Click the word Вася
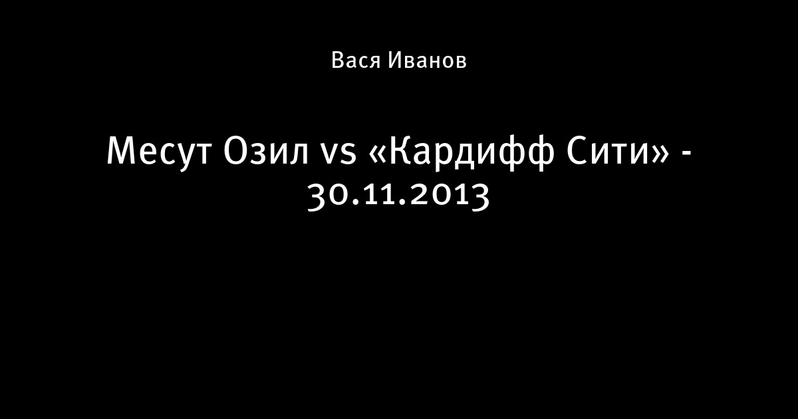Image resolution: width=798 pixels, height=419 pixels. [x=356, y=60]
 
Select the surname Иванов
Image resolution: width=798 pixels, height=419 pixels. [x=427, y=60]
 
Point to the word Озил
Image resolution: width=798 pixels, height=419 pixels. [x=266, y=151]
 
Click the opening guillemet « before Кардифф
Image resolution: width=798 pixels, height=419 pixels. [x=377, y=156]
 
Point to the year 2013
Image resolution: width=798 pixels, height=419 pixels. [x=450, y=197]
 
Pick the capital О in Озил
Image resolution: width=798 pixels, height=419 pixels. [x=236, y=151]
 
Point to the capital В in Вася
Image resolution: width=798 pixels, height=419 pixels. [x=338, y=60]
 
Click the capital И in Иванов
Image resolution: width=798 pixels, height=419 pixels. [x=396, y=60]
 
